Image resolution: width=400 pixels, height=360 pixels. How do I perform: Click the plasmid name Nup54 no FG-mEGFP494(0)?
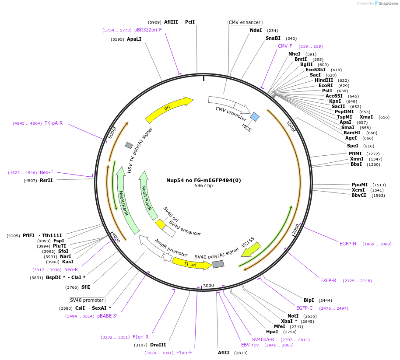pos(204,180)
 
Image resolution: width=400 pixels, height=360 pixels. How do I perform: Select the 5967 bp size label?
pos(204,186)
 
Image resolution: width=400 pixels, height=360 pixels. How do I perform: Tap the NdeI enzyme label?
pos(256,31)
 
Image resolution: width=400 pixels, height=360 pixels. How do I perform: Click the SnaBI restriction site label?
pos(273,38)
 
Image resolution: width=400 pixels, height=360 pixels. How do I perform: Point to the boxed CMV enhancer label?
pos(245,22)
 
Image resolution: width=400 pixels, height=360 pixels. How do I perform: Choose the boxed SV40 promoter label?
pos(87,300)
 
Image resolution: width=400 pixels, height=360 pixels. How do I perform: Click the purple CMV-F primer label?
pos(285,46)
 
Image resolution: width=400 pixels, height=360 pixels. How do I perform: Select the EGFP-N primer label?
pos(348,244)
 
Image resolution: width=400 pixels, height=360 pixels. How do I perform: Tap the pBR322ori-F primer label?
pos(148,30)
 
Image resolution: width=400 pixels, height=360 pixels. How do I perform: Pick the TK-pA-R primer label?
pos(53,123)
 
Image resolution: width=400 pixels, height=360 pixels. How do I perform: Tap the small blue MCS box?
pos(255,116)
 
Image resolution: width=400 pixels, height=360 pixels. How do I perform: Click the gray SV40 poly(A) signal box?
pos(218,264)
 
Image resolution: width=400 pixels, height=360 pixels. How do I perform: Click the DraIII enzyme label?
pos(158,345)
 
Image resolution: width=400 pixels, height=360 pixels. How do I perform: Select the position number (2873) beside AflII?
pos(241,353)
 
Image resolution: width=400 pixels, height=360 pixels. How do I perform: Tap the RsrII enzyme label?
pos(46,180)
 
